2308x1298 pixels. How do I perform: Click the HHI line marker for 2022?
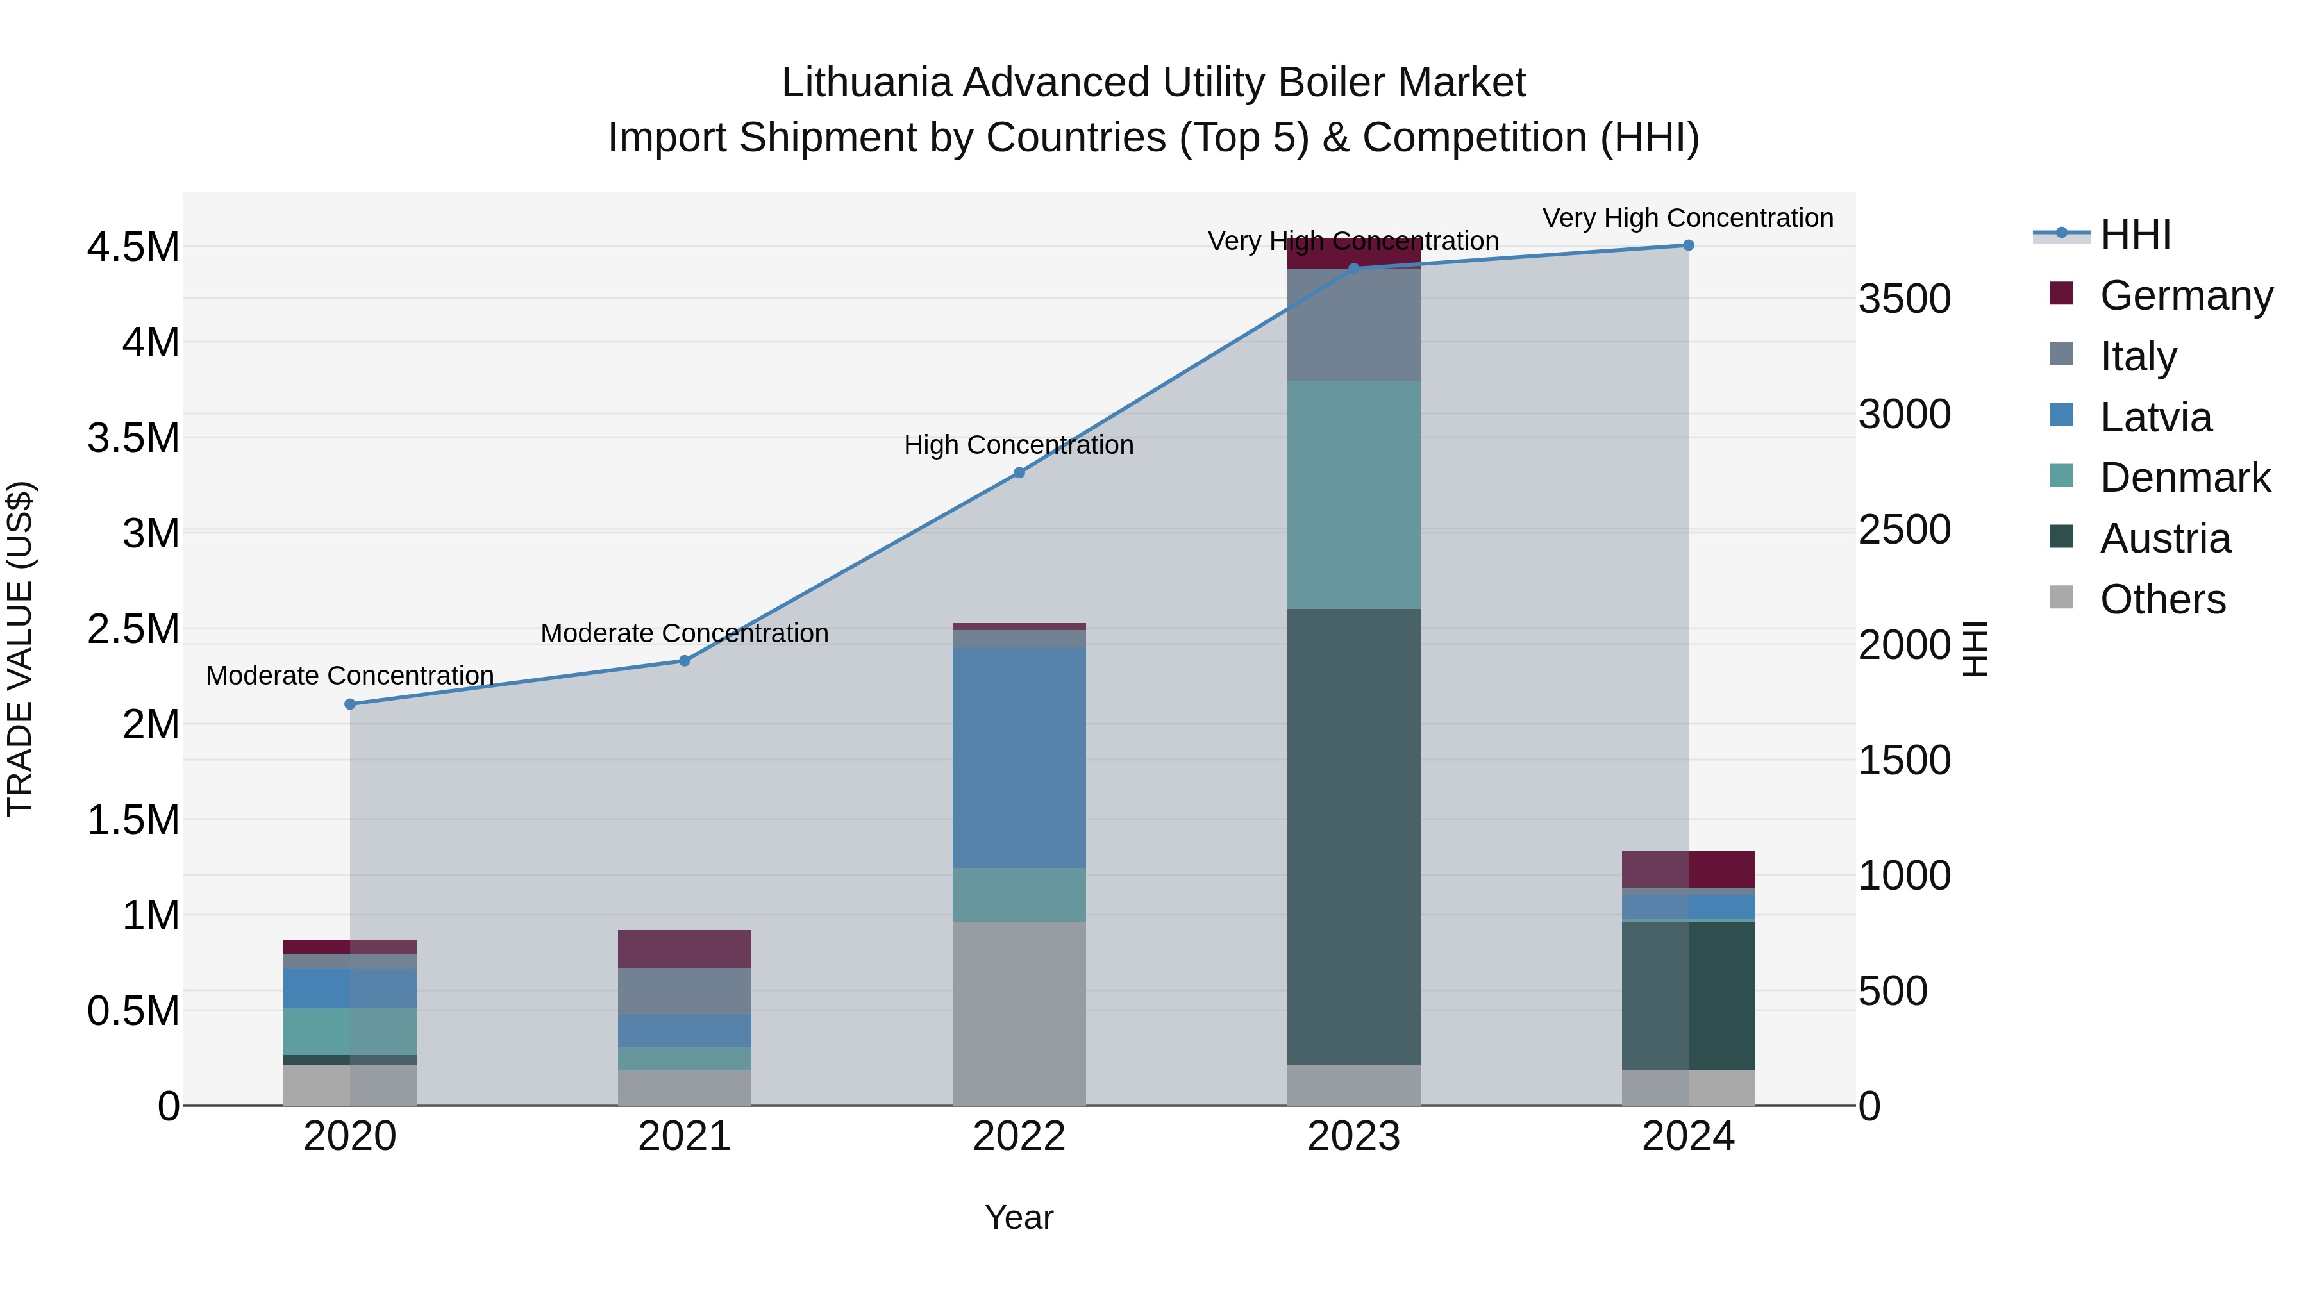click(1019, 472)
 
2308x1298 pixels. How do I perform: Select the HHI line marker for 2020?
click(350, 704)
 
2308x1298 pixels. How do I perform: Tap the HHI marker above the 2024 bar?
click(1688, 245)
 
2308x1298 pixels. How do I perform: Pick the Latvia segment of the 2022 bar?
click(1019, 757)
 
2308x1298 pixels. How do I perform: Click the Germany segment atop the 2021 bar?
click(685, 949)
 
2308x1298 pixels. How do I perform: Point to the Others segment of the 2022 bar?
click(1019, 1013)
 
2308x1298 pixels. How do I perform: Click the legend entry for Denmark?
click(2184, 478)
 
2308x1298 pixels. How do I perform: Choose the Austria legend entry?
click(2164, 538)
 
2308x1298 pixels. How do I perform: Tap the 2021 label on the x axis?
click(685, 1136)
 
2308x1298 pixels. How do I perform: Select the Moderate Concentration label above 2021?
click(685, 633)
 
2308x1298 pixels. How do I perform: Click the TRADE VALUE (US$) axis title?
click(21, 649)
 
